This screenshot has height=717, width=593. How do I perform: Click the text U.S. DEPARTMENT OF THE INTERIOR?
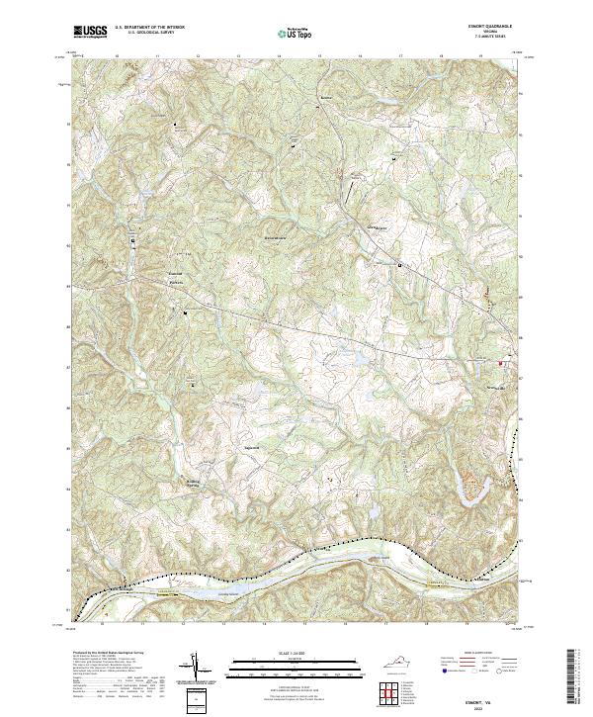149,27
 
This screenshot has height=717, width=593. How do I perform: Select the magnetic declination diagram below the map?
196,668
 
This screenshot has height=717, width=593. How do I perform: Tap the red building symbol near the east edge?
500,363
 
